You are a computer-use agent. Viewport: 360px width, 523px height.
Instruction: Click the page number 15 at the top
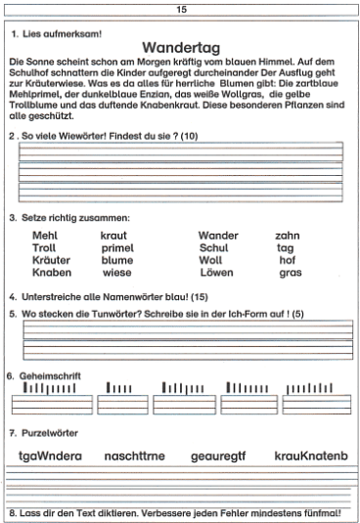181,9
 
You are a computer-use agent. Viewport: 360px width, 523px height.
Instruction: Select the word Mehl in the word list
45,236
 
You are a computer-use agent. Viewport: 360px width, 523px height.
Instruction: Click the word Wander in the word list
218,236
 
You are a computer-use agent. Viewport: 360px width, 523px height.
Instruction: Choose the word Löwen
216,274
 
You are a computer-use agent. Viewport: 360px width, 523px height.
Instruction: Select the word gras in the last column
290,274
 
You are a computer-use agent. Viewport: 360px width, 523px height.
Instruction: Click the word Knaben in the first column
52,274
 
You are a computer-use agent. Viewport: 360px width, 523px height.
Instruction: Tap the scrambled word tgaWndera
50,456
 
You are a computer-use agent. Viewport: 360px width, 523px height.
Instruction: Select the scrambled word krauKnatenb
310,456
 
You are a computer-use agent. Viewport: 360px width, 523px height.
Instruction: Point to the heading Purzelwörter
48,432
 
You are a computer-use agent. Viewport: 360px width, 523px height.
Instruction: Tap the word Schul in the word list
213,248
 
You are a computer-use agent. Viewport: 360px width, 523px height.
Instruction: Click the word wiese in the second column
116,274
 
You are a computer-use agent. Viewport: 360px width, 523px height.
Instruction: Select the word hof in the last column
287,261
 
